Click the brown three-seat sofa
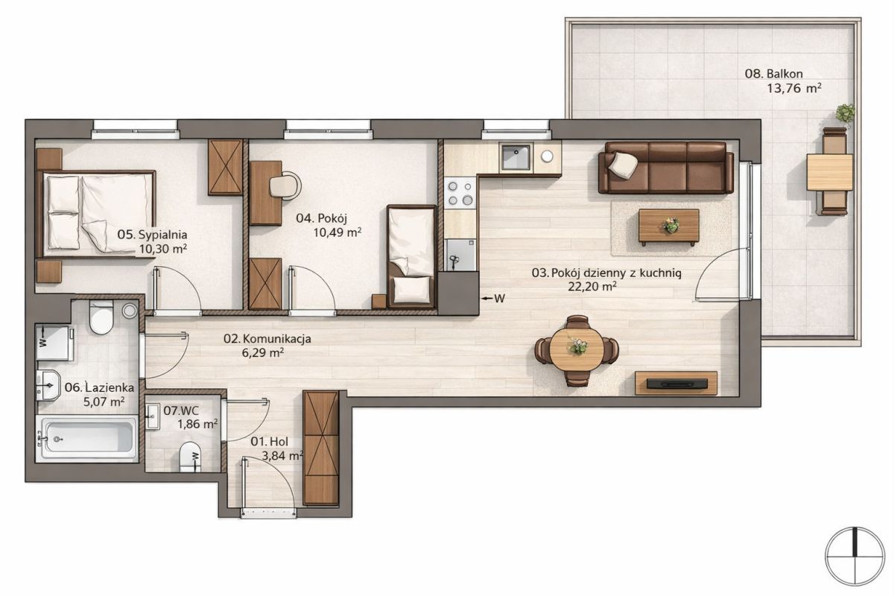click(666, 168)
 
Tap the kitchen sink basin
click(516, 157)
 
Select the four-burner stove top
click(460, 193)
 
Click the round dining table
click(577, 351)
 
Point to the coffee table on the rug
click(669, 226)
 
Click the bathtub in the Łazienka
click(88, 438)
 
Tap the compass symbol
click(855, 556)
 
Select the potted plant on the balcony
click(845, 115)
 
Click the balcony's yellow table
click(829, 172)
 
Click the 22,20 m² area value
click(592, 287)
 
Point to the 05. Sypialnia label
click(152, 235)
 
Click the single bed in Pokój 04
click(412, 257)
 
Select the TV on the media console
click(677, 384)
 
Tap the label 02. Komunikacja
click(267, 339)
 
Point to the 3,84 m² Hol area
click(282, 455)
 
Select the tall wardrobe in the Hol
click(320, 448)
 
